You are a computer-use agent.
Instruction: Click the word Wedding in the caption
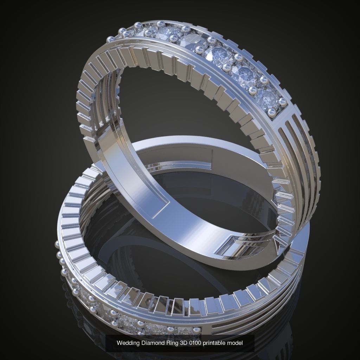tap(127, 343)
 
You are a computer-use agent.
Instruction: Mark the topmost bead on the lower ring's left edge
tap(56, 243)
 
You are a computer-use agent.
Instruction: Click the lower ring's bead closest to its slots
tap(195, 329)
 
